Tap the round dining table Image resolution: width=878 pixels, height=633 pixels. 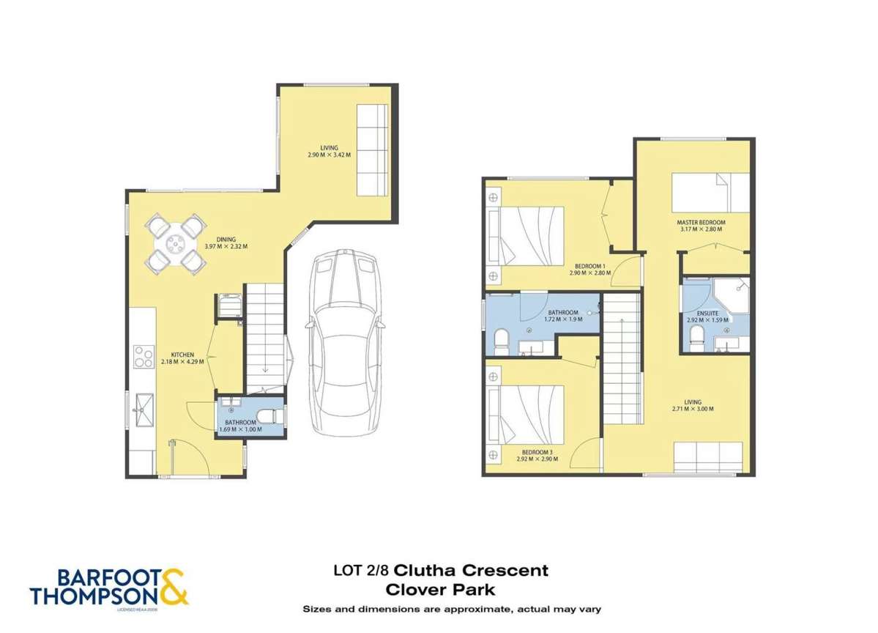pyautogui.click(x=174, y=243)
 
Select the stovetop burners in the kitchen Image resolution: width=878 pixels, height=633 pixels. pyautogui.click(x=141, y=357)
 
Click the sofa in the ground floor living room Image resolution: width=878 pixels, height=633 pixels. pyautogui.click(x=372, y=149)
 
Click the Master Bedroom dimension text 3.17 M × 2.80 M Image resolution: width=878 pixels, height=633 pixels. pyautogui.click(x=701, y=229)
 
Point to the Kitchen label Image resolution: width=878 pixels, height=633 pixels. pyautogui.click(x=182, y=355)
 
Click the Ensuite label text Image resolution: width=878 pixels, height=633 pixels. pyautogui.click(x=707, y=314)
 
